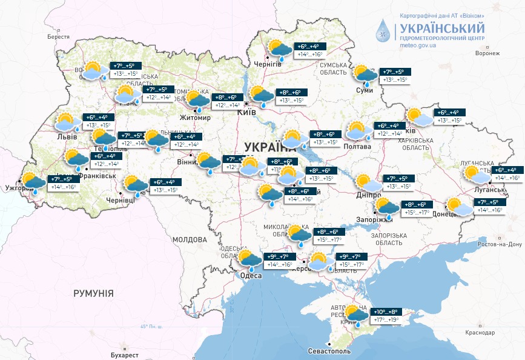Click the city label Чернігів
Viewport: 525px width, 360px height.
pos(268,64)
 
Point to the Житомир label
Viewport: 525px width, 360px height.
pos(195,117)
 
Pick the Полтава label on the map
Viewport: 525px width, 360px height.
pos(357,147)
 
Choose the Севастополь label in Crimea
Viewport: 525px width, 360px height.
pos(329,351)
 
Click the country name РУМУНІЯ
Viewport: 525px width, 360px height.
pos(93,293)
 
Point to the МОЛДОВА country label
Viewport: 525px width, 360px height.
pos(190,239)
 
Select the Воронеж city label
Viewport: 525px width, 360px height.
pos(487,53)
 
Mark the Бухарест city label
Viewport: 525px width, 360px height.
pos(125,354)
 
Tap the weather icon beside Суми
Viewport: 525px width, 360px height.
pos(365,75)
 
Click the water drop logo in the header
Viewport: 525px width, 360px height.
pos(383,28)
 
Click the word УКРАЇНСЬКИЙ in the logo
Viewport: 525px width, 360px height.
pos(441,28)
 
